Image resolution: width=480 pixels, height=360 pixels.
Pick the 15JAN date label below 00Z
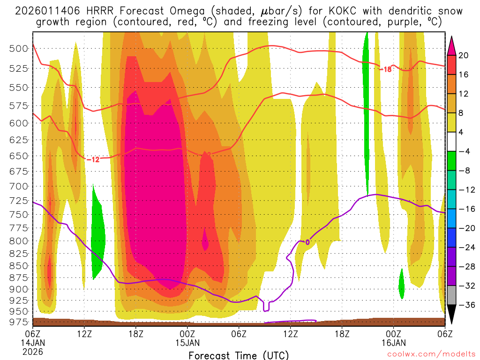187,343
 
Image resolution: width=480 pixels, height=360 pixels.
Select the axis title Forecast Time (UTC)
239,355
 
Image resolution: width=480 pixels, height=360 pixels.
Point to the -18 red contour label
384,69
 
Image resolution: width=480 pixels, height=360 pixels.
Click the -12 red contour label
93,159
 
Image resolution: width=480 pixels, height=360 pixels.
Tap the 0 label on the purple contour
307,242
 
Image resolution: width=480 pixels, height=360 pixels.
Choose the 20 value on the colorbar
464,55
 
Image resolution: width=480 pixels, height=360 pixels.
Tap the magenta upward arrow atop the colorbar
452,45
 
